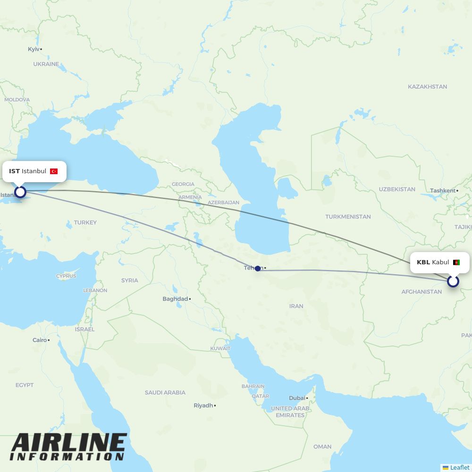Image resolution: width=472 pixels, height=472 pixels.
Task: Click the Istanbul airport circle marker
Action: (x=20, y=192)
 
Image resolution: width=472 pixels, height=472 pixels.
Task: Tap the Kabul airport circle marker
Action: (x=453, y=281)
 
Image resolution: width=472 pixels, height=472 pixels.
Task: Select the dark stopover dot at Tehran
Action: (x=258, y=269)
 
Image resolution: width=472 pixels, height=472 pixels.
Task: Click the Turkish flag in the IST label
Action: (x=54, y=171)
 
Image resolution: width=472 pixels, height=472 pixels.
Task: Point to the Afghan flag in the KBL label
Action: (x=456, y=262)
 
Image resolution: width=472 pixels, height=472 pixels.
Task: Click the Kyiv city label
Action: (x=34, y=49)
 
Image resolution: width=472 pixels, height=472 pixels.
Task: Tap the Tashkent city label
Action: (x=443, y=191)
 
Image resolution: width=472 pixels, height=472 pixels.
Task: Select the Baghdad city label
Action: (x=175, y=299)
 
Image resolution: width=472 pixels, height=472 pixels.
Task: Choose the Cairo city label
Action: (x=40, y=340)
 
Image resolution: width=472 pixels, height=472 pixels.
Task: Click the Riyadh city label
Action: (x=203, y=405)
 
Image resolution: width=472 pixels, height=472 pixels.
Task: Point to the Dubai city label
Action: (x=297, y=398)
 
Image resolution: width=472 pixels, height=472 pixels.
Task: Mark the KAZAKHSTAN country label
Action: (x=427, y=86)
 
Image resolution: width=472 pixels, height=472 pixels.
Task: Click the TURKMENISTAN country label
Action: (x=348, y=217)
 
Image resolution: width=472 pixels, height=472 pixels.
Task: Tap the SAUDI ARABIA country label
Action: (x=165, y=392)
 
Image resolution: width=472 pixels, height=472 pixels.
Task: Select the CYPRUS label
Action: (x=66, y=276)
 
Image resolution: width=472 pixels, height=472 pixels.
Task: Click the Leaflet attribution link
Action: (x=460, y=467)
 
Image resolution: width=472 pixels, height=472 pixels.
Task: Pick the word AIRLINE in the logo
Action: (x=68, y=444)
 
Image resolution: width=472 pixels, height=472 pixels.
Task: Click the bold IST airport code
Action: (x=14, y=171)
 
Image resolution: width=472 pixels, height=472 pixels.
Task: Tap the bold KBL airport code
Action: (x=423, y=262)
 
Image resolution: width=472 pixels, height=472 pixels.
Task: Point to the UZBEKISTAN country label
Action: (x=397, y=189)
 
